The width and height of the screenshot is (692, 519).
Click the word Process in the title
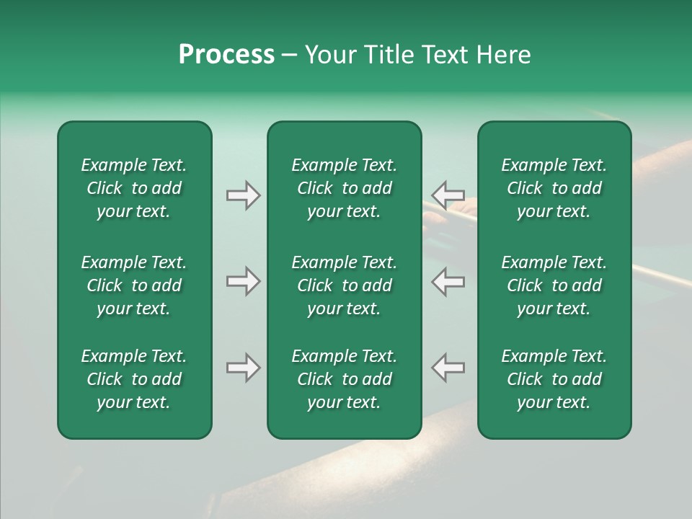tap(226, 55)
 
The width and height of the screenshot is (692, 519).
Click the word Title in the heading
tap(386, 55)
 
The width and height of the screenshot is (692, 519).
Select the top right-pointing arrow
tap(243, 195)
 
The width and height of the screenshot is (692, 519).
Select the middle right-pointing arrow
tap(243, 281)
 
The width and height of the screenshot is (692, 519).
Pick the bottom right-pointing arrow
tap(243, 368)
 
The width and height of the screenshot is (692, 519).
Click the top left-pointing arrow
tap(448, 195)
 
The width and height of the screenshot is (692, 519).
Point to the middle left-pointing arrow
tap(448, 281)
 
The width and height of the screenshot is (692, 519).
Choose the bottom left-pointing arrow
tap(448, 368)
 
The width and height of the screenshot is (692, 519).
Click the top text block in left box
tap(134, 188)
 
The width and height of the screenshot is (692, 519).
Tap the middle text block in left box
tap(134, 285)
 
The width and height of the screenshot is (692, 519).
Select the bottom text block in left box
tap(134, 379)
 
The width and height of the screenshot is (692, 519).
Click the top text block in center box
tap(344, 188)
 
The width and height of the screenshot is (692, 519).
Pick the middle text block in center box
tap(344, 285)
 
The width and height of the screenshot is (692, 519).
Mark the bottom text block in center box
tap(344, 379)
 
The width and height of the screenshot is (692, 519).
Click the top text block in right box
tap(554, 188)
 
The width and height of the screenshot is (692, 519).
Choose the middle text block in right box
tap(554, 285)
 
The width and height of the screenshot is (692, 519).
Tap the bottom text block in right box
tap(554, 379)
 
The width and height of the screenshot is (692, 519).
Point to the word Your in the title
tap(331, 55)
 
